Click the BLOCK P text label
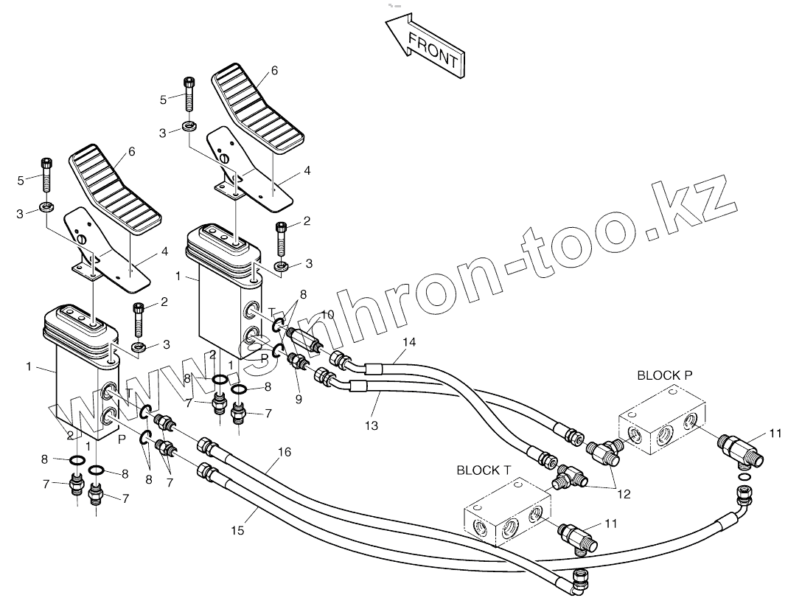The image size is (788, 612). pyautogui.click(x=665, y=375)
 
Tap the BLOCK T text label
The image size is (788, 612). pyautogui.click(x=484, y=470)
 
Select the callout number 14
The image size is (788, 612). pyautogui.click(x=409, y=341)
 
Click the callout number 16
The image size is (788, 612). pyautogui.click(x=284, y=451)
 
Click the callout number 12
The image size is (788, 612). pyautogui.click(x=624, y=495)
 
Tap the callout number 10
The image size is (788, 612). pyautogui.click(x=327, y=315)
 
